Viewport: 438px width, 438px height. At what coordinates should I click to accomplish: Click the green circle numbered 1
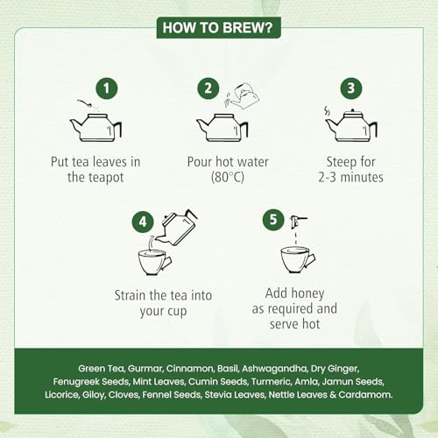point(107,88)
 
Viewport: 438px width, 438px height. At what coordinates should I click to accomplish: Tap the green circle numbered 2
point(208,88)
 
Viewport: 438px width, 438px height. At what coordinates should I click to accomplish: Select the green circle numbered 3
point(351,88)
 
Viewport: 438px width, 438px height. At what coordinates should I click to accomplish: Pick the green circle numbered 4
point(143,222)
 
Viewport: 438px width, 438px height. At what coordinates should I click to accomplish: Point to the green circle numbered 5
point(273,220)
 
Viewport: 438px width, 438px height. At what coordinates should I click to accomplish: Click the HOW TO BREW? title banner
point(218,28)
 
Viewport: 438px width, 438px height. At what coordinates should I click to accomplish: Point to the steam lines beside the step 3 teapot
point(328,111)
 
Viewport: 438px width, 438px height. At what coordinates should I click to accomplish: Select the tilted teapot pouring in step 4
point(178,227)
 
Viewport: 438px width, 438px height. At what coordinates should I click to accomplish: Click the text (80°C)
point(228,177)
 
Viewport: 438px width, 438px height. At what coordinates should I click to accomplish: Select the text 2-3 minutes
point(350,177)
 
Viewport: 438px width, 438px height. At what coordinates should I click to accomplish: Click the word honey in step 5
point(307,293)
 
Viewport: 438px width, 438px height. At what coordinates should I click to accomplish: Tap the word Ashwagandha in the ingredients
point(274,369)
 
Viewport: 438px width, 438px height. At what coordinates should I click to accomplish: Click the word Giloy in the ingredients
point(94,395)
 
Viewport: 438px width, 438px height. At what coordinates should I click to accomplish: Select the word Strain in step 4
point(130,295)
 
